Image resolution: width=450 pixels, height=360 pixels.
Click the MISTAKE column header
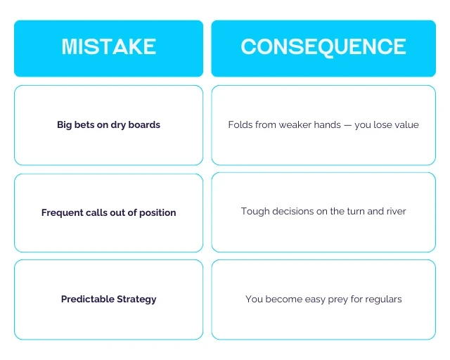point(109,46)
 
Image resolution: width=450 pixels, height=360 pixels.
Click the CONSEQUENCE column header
point(323,46)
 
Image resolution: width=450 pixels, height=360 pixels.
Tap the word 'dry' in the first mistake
point(118,125)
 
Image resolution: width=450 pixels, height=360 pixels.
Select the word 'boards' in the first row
point(144,124)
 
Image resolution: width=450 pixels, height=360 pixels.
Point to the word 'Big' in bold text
point(64,125)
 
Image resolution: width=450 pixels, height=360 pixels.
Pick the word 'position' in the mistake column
point(157,213)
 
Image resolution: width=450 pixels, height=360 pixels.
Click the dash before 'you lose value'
point(347,125)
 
